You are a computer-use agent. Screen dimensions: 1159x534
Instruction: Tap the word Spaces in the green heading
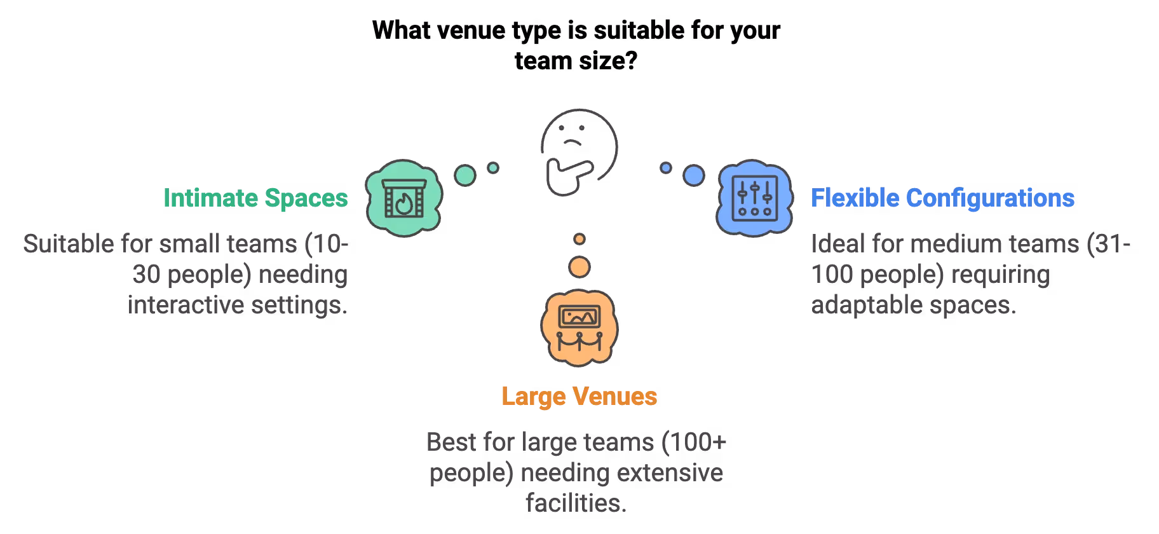pos(306,198)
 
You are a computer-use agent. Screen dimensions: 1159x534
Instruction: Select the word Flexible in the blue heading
pos(854,198)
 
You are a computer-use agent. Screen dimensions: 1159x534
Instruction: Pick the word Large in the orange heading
pos(532,397)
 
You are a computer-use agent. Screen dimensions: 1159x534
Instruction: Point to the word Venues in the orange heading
pos(615,397)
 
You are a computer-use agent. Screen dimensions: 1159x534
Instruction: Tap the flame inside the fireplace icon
pos(403,205)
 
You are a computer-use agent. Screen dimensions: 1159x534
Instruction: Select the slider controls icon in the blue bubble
pos(754,197)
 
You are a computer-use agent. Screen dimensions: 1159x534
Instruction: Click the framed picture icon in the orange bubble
pos(579,316)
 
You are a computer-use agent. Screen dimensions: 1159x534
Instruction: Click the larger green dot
pos(465,175)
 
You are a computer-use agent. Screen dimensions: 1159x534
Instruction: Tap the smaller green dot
pos(492,168)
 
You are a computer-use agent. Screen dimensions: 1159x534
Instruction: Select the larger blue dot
pos(693,175)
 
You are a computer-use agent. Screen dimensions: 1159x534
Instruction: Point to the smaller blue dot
pos(665,168)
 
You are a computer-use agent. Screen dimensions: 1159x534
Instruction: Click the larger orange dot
pos(579,267)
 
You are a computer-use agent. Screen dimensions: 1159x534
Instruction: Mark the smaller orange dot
pos(579,240)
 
